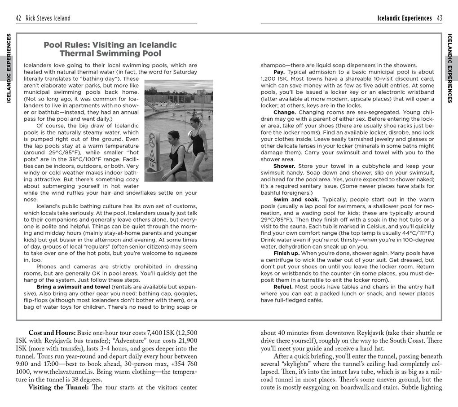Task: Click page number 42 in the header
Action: [18, 18]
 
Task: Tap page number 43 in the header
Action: [439, 18]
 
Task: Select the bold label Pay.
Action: [280, 72]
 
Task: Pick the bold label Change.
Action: [285, 112]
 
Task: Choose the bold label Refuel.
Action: [283, 287]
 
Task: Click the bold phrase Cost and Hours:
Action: [52, 333]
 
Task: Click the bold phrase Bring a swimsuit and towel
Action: [73, 287]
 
